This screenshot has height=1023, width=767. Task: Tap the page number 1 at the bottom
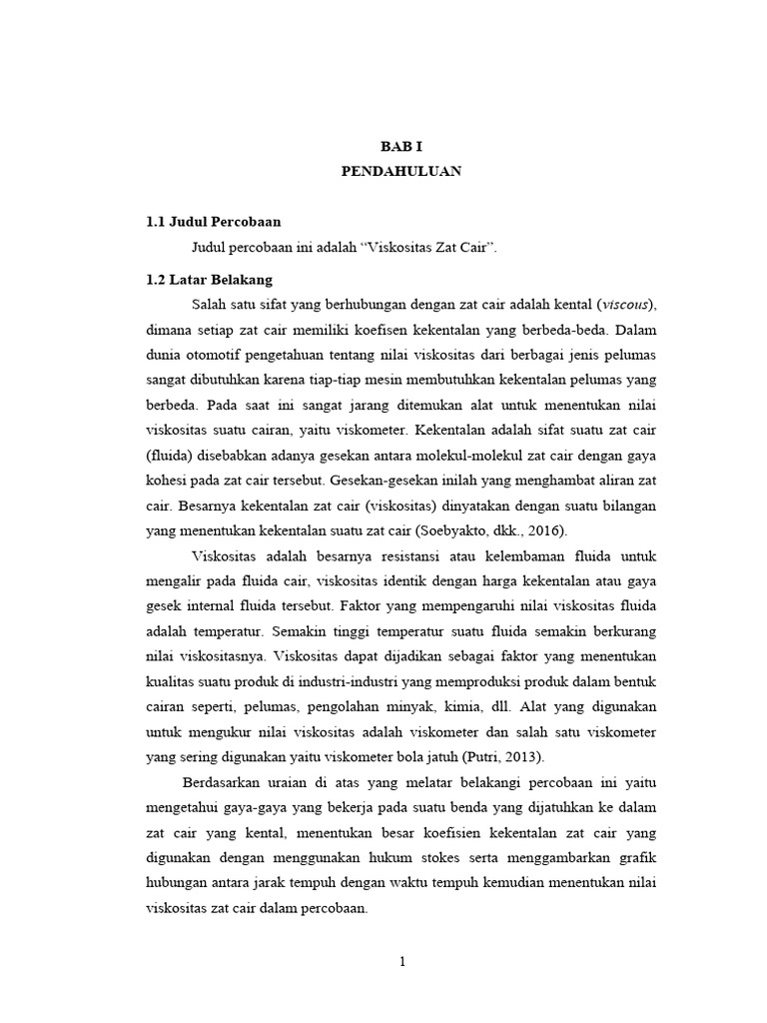(401, 962)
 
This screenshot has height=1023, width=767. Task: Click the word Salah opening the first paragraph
(209, 304)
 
